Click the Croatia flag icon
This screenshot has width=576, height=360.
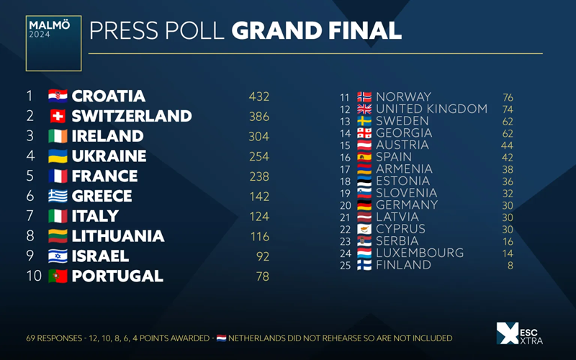(x=57, y=96)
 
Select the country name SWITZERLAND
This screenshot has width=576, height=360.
(x=132, y=116)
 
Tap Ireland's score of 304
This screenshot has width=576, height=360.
(x=258, y=136)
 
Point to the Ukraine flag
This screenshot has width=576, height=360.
(x=57, y=156)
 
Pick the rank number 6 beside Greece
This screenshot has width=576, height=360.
(x=30, y=196)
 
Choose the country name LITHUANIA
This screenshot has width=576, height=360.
(x=118, y=236)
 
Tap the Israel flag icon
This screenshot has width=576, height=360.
(x=57, y=256)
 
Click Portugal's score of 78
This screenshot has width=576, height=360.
(x=263, y=276)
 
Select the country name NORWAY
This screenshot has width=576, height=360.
(x=403, y=97)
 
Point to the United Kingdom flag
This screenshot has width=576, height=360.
(x=364, y=109)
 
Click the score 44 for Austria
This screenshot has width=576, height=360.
(x=508, y=145)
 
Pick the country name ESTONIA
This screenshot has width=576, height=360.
(x=403, y=181)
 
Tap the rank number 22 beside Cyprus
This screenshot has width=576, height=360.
(x=345, y=229)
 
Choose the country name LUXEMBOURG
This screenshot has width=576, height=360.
(x=420, y=253)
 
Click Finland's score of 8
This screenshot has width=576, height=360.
(x=510, y=265)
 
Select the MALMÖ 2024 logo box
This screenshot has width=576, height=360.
(x=53, y=43)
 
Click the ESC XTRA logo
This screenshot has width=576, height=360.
(x=519, y=334)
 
